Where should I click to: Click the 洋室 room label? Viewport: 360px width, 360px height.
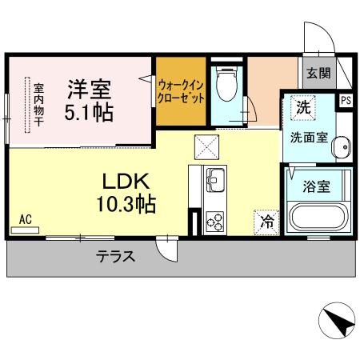pos(88,86)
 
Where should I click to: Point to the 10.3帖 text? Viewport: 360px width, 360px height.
pos(119,203)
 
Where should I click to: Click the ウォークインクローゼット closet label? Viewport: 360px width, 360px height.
pos(181,90)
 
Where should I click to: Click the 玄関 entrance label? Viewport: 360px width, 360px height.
pos(318,74)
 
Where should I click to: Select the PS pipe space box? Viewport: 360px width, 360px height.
pos(346,101)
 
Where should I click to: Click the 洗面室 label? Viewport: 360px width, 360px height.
pos(308,136)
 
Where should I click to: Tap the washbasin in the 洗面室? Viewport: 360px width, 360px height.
pos(342,149)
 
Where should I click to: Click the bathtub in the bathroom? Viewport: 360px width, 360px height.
pos(318,218)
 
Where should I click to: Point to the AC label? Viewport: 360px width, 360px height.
pos(24,219)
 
